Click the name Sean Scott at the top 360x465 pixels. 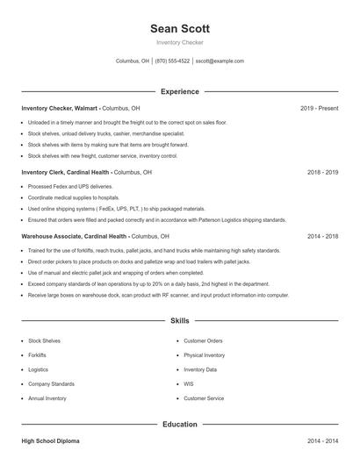coord(180,29)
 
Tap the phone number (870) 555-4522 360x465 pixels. coord(173,61)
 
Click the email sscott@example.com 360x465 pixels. coord(220,61)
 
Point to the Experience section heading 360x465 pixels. coord(180,91)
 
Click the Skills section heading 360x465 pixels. coord(180,321)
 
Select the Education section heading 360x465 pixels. coord(180,425)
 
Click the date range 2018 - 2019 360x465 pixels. coord(322,173)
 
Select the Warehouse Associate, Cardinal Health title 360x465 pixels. coord(75,237)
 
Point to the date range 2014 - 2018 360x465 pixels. coord(322,237)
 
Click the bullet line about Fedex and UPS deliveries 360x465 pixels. coord(70,187)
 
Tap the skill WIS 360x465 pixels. coord(189,383)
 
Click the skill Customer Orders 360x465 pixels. coord(203,340)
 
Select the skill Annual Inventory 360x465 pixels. coord(47,398)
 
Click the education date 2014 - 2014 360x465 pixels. coord(322,440)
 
